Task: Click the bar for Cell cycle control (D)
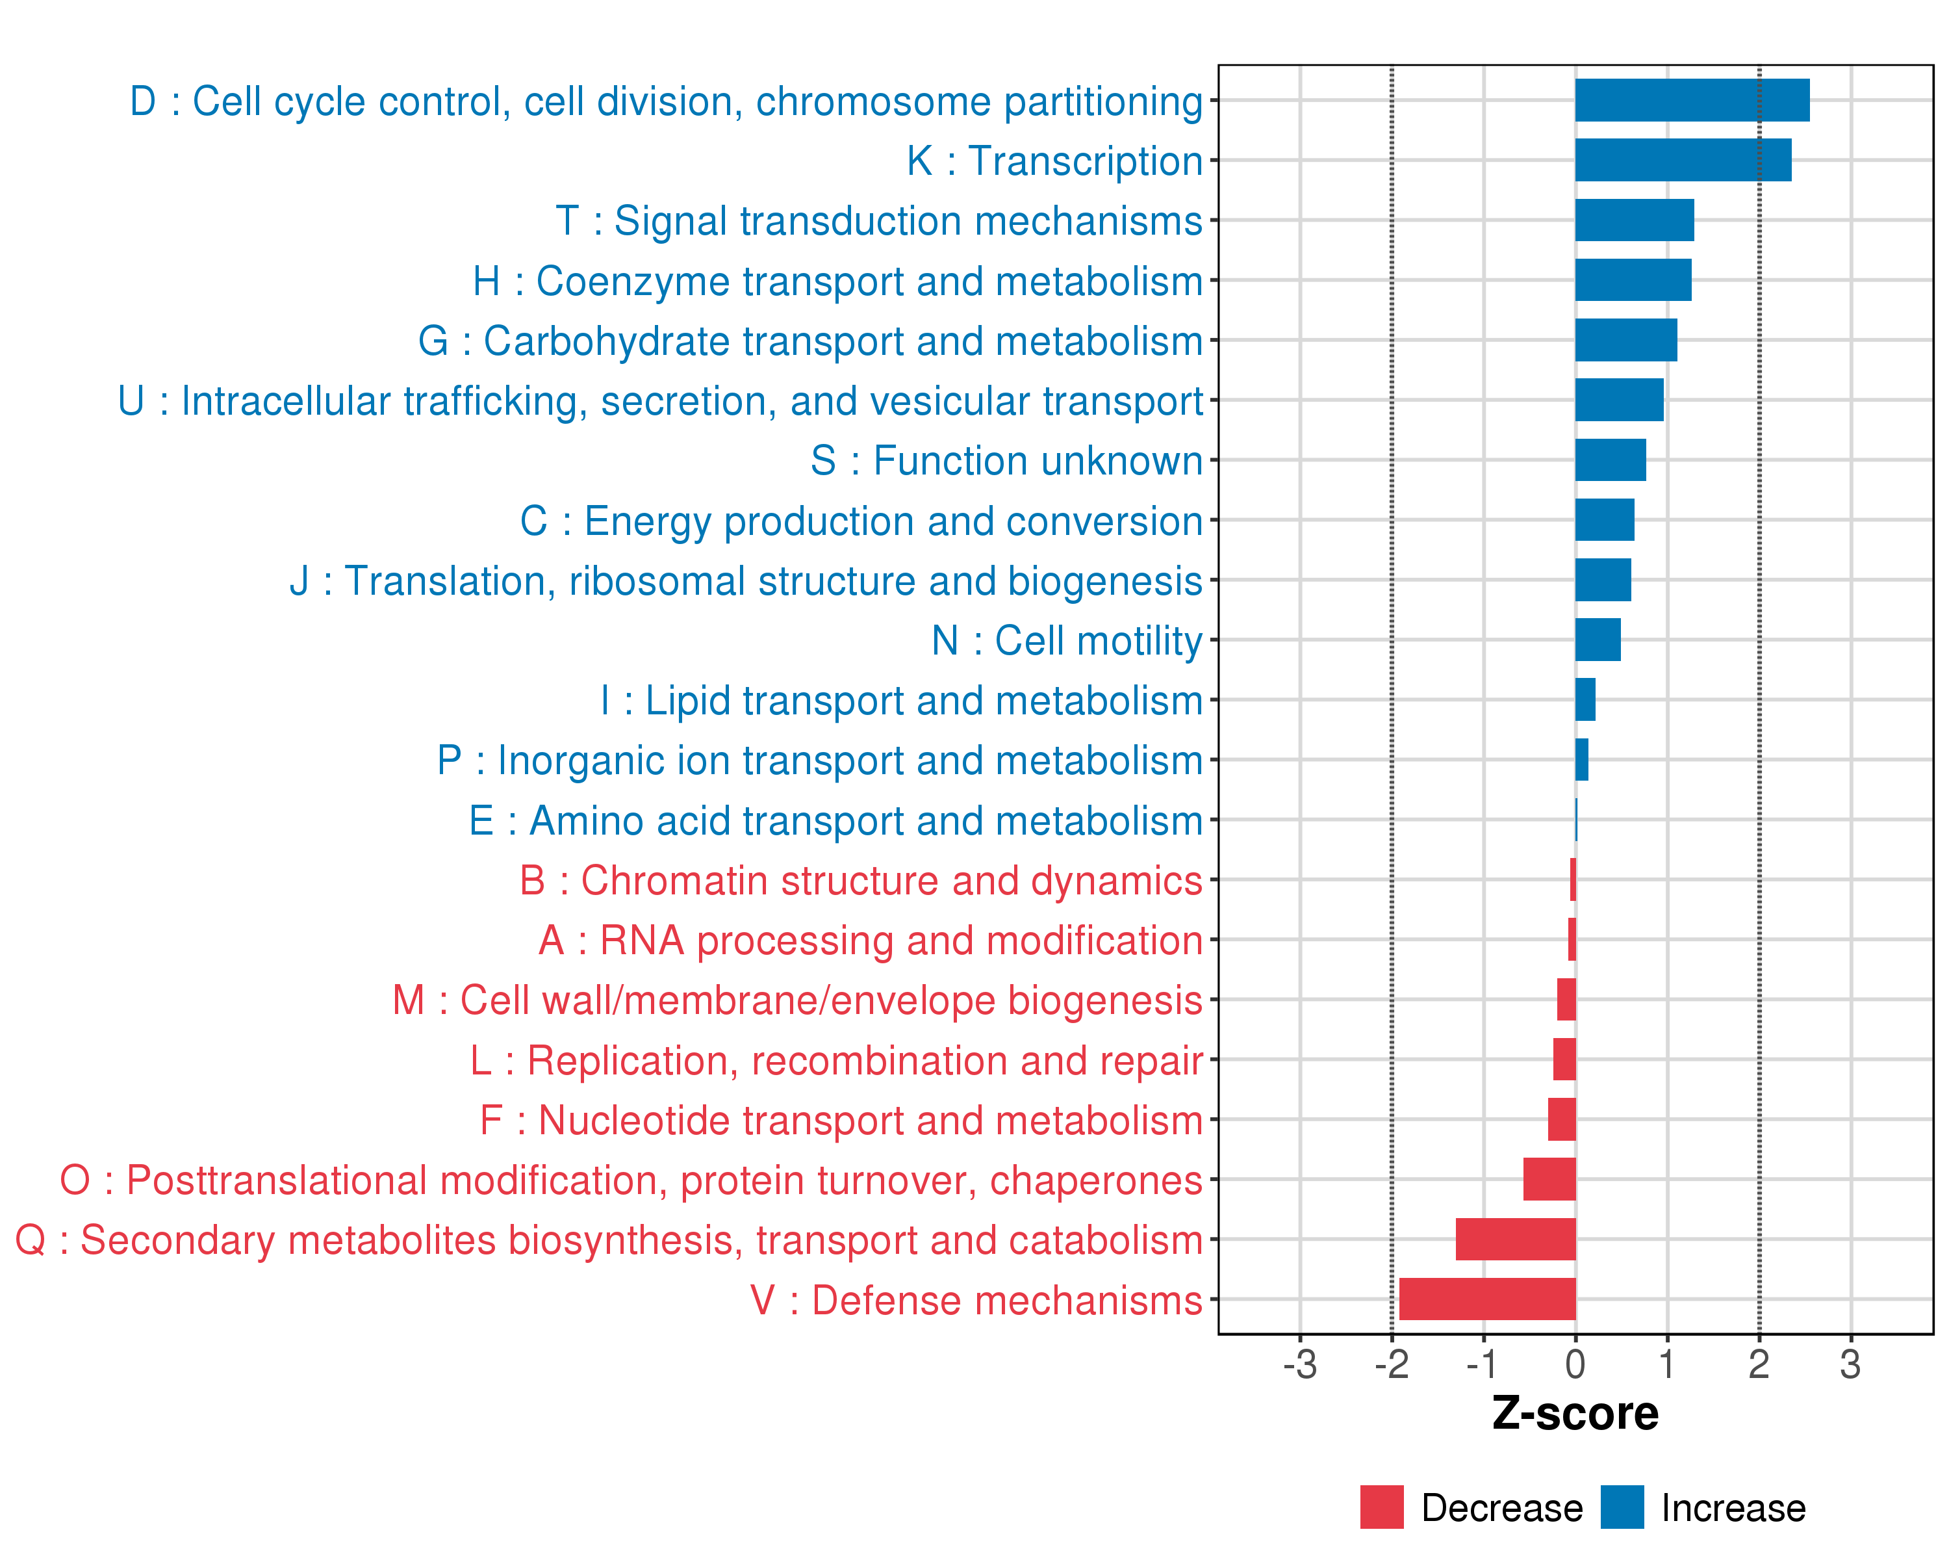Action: (1691, 100)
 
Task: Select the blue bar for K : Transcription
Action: (1683, 160)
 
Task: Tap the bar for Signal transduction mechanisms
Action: (1633, 220)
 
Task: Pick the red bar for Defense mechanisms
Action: (1487, 1299)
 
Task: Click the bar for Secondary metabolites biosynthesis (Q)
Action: (1515, 1239)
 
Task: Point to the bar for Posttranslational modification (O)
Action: (1549, 1179)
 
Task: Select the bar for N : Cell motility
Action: (1598, 640)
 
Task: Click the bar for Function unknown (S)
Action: (1610, 460)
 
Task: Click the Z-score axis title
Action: (1575, 1414)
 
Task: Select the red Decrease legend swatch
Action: (1381, 1507)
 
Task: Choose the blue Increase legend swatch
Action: (1622, 1507)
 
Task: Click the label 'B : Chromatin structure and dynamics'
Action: (861, 880)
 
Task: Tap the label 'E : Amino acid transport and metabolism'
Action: (835, 820)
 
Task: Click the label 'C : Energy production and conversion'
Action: (861, 521)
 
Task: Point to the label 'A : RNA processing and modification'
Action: (871, 941)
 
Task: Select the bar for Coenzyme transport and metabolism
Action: (1633, 280)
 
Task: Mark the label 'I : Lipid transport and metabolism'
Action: (901, 700)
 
